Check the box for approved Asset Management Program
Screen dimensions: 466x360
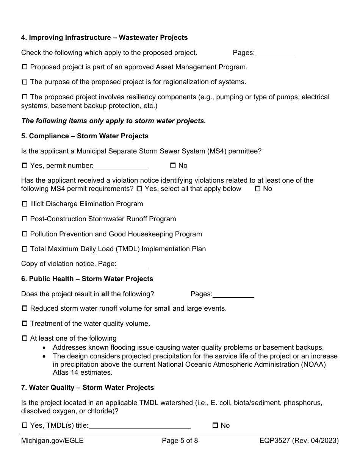pyautogui.click(x=25, y=67)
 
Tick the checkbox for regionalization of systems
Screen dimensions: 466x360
pyautogui.click(x=25, y=82)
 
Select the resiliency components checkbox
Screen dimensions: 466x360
pyautogui.click(x=25, y=97)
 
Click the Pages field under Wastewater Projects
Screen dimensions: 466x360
pyautogui.click(x=275, y=53)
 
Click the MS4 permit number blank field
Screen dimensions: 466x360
pyautogui.click(x=121, y=166)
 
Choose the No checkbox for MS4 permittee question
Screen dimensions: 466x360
pyautogui.click(x=173, y=166)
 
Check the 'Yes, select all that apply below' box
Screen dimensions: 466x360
pyautogui.click(x=139, y=189)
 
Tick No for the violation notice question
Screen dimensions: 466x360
pyautogui.click(x=258, y=189)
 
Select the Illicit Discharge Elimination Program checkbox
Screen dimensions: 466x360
pyautogui.click(x=25, y=204)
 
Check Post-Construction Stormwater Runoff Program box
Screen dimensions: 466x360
pyautogui.click(x=25, y=219)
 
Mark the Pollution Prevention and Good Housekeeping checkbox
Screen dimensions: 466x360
pyautogui.click(x=25, y=234)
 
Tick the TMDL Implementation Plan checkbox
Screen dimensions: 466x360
pyautogui.click(x=25, y=249)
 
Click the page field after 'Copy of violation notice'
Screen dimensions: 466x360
pyautogui.click(x=132, y=264)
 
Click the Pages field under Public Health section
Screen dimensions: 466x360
pyautogui.click(x=233, y=294)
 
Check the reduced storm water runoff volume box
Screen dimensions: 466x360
pyautogui.click(x=25, y=308)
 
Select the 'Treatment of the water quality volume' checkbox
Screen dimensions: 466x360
pyautogui.click(x=25, y=324)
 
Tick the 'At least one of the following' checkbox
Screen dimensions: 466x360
pyautogui.click(x=25, y=338)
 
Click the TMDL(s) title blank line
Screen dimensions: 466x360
pyautogui.click(x=139, y=426)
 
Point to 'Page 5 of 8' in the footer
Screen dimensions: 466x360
pyautogui.click(x=180, y=441)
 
